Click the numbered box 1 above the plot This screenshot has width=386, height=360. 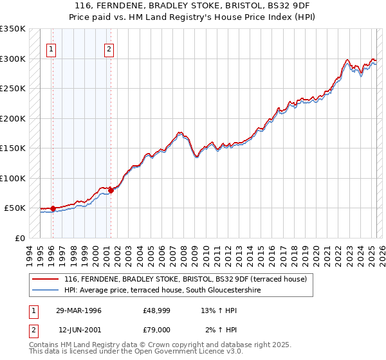tap(51, 48)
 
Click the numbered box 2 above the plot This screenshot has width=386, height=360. tap(109, 48)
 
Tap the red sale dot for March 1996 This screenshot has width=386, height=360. tap(53, 208)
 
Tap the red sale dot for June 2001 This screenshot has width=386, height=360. tap(111, 190)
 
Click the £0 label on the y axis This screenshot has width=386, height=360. tap(19, 238)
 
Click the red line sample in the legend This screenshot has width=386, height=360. tap(46, 279)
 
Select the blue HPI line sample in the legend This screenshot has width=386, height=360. tap(46, 291)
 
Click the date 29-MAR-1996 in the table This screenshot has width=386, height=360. tap(79, 310)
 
